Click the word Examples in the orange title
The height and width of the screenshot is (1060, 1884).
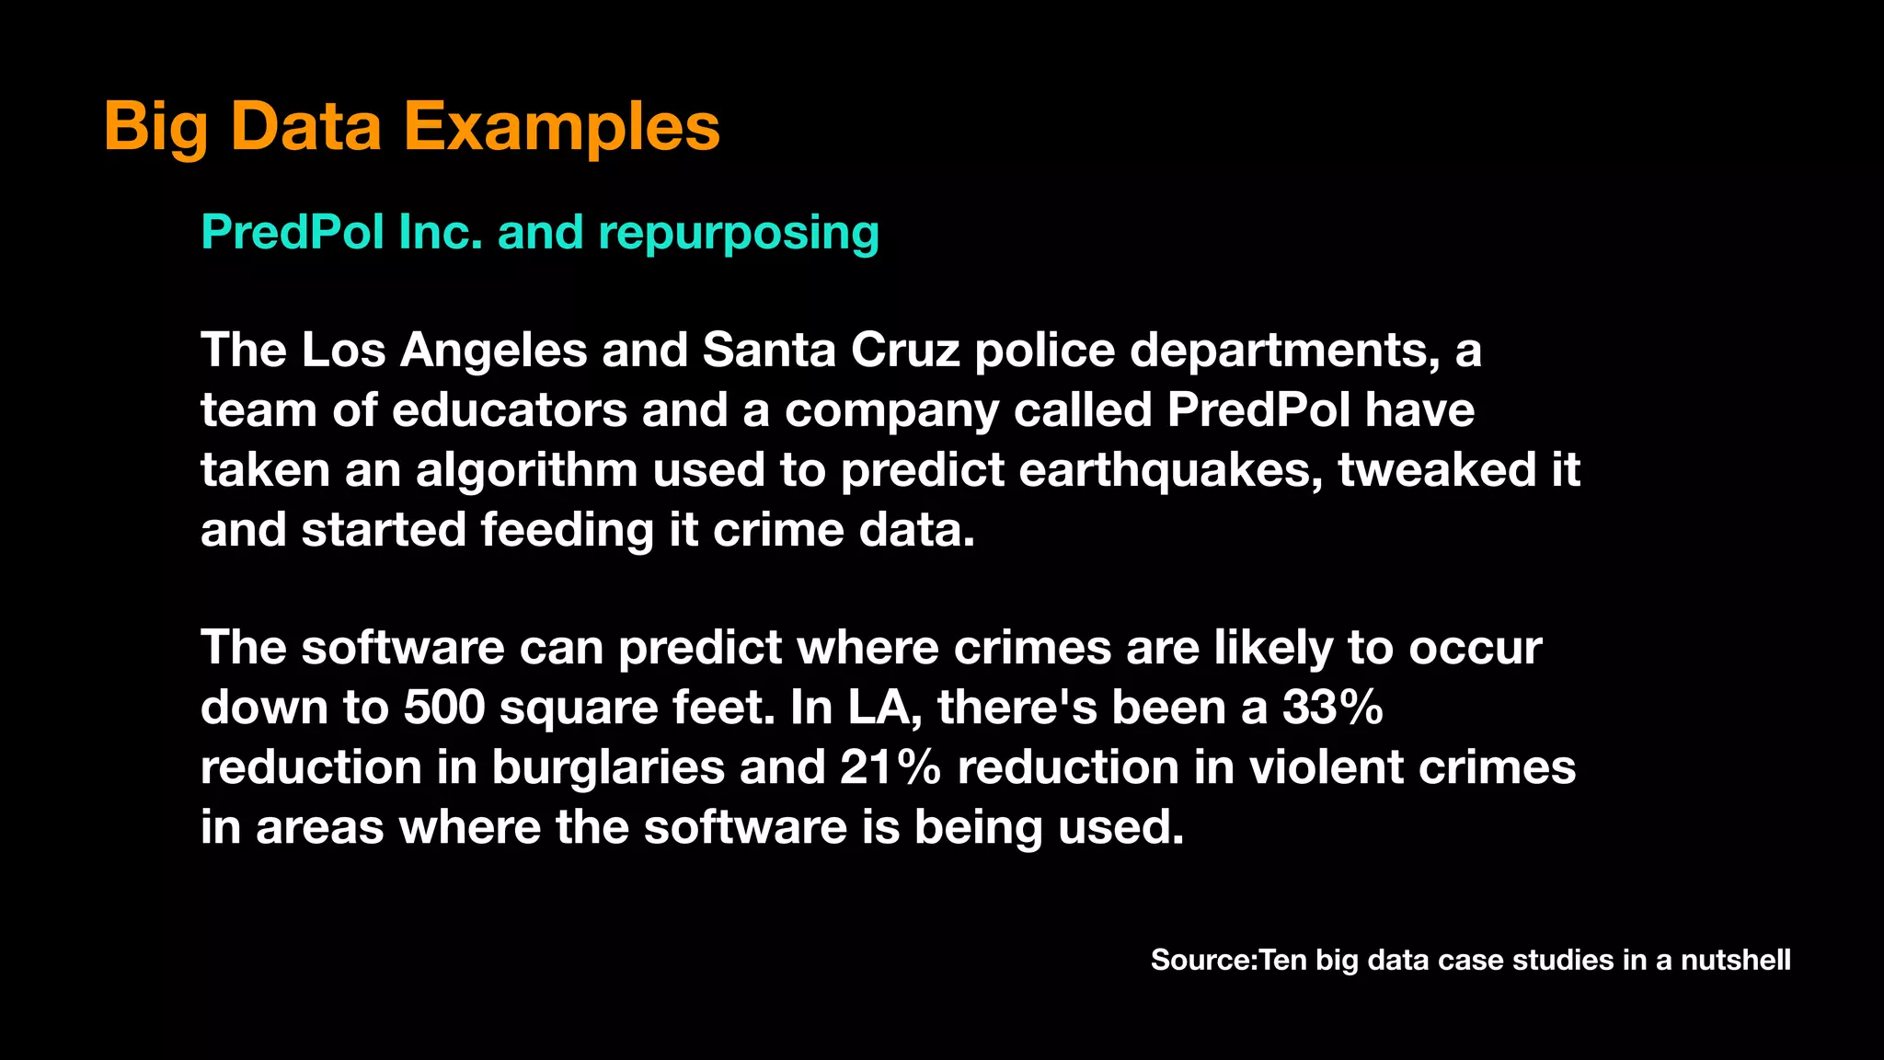[x=561, y=127]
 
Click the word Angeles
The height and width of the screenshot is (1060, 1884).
[x=492, y=351]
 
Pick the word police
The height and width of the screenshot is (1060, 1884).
[x=1044, y=350]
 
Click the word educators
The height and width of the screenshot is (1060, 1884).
[x=509, y=410]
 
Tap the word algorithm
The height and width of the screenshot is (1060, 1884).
[x=526, y=471]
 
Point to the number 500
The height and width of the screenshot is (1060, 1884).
[x=443, y=708]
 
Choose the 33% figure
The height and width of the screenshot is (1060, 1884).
[x=1332, y=708]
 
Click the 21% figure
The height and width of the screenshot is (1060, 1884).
[x=890, y=767]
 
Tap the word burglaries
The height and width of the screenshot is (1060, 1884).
[x=608, y=767]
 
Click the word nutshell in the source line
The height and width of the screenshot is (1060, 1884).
[x=1735, y=960]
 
